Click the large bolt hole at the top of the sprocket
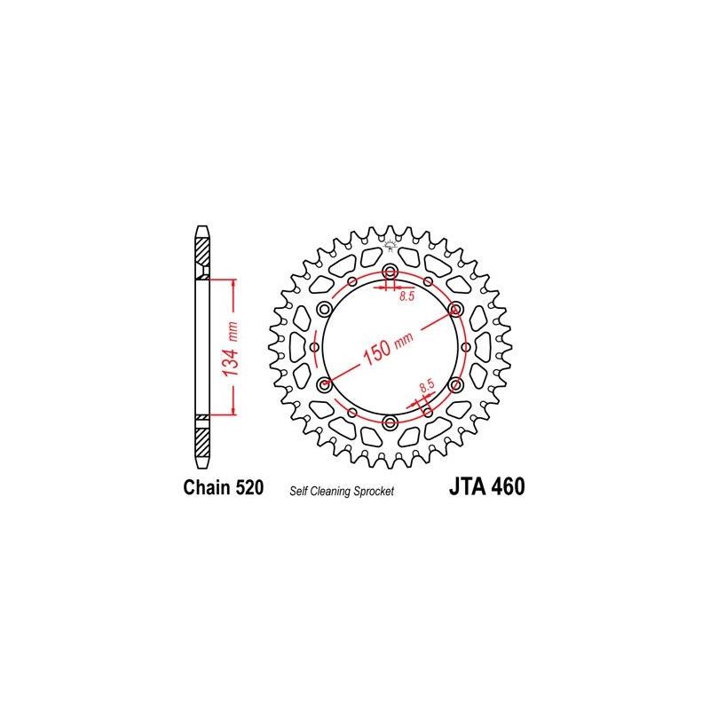point(390,271)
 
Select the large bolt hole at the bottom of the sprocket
point(390,421)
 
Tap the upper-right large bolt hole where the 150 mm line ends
point(456,308)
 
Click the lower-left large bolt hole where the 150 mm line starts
point(323,384)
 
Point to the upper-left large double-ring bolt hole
point(323,308)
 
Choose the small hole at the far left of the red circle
point(315,346)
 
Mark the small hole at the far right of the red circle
point(464,346)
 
